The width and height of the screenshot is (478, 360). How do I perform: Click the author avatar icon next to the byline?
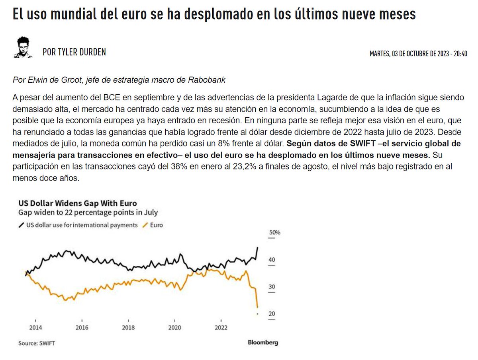pyautogui.click(x=23, y=48)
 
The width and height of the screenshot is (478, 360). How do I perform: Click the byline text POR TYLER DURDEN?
pyautogui.click(x=74, y=52)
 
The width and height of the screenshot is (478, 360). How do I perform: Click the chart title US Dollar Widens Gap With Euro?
pyautogui.click(x=78, y=203)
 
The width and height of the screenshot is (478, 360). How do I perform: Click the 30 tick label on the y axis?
pyautogui.click(x=272, y=287)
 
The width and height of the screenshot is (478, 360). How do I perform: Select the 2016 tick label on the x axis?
pyautogui.click(x=82, y=327)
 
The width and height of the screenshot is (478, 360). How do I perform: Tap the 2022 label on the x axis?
pyautogui.click(x=221, y=327)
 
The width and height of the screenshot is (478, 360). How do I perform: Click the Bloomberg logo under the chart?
pyautogui.click(x=263, y=342)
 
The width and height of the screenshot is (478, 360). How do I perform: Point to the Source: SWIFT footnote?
pyautogui.click(x=37, y=343)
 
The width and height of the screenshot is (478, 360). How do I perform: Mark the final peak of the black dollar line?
pyautogui.click(x=258, y=247)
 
